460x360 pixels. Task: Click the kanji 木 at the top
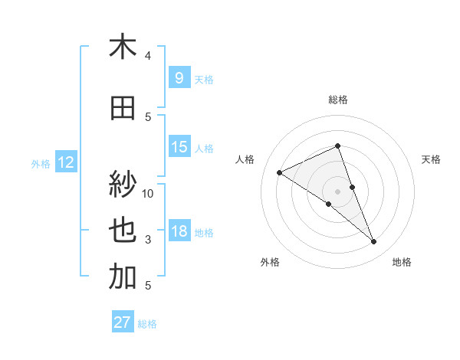[123, 47]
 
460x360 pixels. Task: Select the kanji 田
[123, 110]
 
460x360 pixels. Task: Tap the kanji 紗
[123, 183]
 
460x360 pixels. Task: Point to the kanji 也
[123, 231]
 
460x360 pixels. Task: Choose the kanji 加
[123, 277]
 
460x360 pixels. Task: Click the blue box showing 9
[179, 77]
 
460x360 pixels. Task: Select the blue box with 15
[179, 147]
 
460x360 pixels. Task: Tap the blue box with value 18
[179, 231]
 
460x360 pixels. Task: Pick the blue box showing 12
[65, 162]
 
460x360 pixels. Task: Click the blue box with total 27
[122, 322]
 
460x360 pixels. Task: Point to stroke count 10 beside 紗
[148, 193]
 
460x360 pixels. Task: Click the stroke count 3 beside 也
[148, 240]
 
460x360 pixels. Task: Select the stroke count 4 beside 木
[148, 56]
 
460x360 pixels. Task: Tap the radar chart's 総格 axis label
[337, 100]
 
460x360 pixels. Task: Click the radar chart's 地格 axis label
[402, 262]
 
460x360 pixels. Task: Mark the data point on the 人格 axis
[279, 172]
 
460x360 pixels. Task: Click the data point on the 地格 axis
[374, 242]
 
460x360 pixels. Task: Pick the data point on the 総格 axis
[337, 146]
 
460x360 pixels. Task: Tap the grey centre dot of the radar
[337, 191]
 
